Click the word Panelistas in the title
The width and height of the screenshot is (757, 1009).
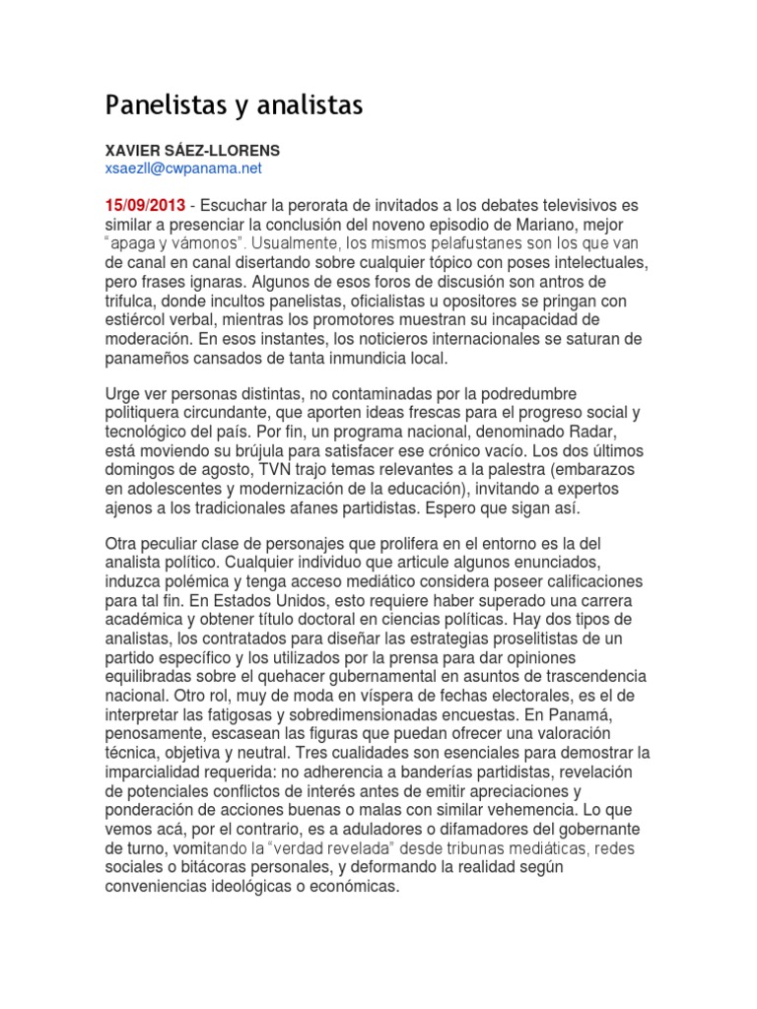158,105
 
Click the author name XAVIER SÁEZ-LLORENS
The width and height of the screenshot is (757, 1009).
192,151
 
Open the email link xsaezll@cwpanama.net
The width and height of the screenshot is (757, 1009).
183,168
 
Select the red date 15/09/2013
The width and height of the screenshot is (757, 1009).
145,205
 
